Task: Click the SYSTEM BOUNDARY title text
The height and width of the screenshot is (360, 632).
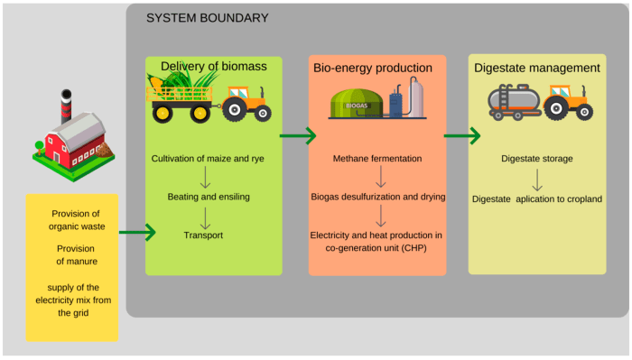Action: tap(207, 18)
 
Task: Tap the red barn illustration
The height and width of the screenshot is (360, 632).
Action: tap(71, 139)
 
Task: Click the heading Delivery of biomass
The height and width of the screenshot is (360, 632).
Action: tap(214, 66)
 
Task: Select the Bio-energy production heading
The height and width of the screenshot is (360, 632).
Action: tap(373, 68)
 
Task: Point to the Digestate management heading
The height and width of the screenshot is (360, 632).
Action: tap(536, 68)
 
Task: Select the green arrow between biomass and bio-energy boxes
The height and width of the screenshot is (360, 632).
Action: tap(298, 136)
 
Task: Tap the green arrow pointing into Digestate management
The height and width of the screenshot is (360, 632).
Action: tap(462, 136)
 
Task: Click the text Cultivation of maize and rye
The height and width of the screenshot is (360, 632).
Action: tap(208, 159)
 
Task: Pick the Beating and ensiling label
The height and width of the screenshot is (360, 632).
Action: tap(208, 197)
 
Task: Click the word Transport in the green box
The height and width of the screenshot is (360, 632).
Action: tap(203, 235)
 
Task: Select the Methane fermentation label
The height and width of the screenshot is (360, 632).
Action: tap(377, 159)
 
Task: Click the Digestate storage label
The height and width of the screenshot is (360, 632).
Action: tap(537, 159)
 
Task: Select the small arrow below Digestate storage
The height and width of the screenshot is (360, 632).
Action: tap(537, 179)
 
